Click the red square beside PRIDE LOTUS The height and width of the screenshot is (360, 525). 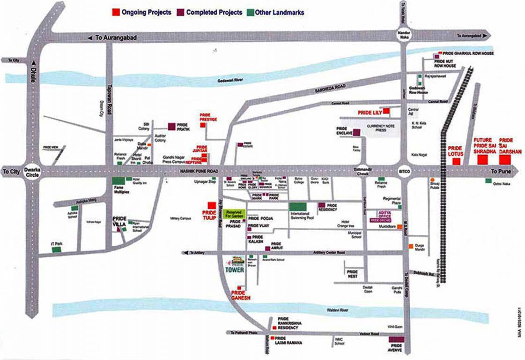coord(455,162)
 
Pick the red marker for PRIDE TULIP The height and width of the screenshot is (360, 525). coord(212,205)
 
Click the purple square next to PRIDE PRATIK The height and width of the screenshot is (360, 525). coord(172,126)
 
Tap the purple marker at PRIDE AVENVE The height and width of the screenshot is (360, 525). coord(396,340)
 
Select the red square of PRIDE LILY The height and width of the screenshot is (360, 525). coord(387,111)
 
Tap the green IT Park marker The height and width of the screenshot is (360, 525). coord(56,250)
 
